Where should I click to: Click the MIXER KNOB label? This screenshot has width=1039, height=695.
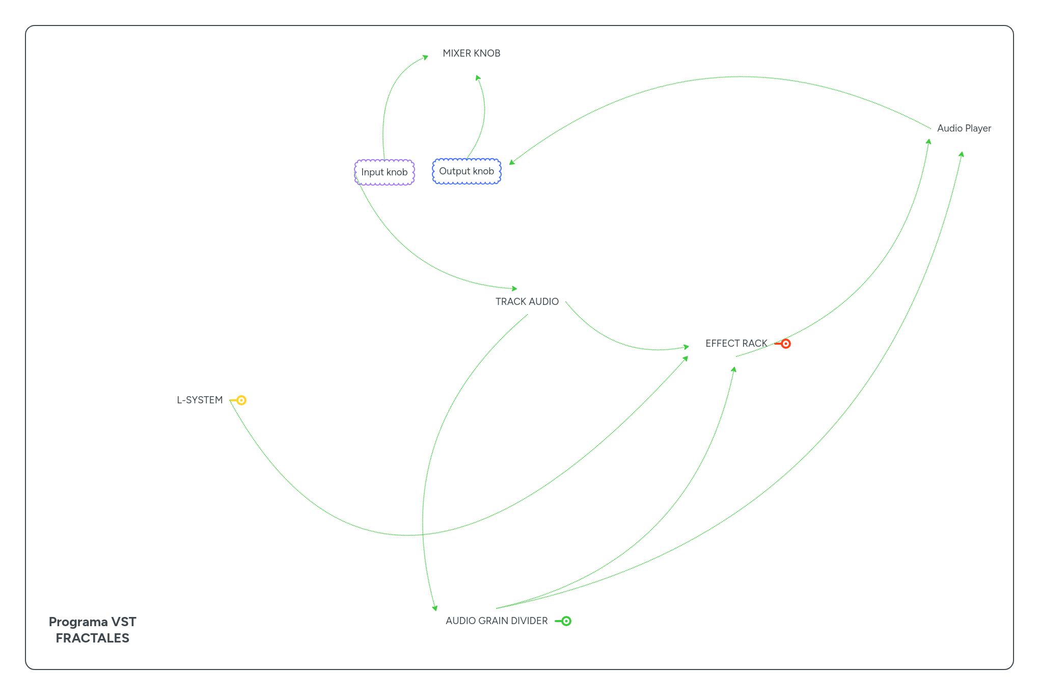[x=471, y=53]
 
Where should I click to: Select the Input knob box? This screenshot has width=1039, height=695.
[x=385, y=172]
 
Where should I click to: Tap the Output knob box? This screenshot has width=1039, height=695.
[x=467, y=171]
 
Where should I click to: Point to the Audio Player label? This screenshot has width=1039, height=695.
[x=964, y=128]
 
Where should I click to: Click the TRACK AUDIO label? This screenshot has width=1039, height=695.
[x=527, y=301]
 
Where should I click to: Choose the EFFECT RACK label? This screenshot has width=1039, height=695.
[x=736, y=343]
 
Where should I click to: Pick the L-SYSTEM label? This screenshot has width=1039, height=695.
[x=200, y=400]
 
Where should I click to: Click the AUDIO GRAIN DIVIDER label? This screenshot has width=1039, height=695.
[x=497, y=621]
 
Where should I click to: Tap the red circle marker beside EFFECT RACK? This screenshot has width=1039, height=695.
[x=786, y=344]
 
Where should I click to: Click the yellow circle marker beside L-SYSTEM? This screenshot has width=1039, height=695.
[x=241, y=400]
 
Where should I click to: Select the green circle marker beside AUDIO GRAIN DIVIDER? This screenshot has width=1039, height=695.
[x=566, y=621]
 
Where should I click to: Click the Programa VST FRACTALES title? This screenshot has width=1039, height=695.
[x=92, y=630]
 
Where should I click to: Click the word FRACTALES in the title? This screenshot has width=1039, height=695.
[x=92, y=638]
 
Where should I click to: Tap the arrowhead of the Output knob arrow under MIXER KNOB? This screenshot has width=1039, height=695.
[x=478, y=78]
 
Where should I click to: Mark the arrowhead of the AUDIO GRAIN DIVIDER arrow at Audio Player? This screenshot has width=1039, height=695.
[x=961, y=155]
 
